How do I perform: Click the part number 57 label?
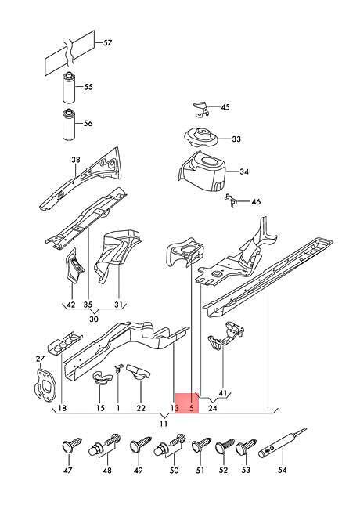pos(107,43)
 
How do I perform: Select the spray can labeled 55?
pos(68,88)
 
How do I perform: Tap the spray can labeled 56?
pos(68,125)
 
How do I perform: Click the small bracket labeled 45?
pos(201,110)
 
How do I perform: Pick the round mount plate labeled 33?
pos(201,139)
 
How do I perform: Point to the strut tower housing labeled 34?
pos(203,171)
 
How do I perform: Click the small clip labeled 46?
pos(231,200)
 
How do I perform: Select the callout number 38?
pos(76,160)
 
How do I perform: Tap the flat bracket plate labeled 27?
pos(45,384)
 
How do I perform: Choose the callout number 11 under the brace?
pos(164,424)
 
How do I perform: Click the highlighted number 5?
pos(192,408)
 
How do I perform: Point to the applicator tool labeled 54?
pos(283,443)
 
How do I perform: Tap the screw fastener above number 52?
pos(225,446)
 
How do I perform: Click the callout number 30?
pos(94,319)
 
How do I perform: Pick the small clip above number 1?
pos(119,368)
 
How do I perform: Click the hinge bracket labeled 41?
pos(226,336)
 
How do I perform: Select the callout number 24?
pos(212,408)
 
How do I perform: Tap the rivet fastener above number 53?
pos(246,446)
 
